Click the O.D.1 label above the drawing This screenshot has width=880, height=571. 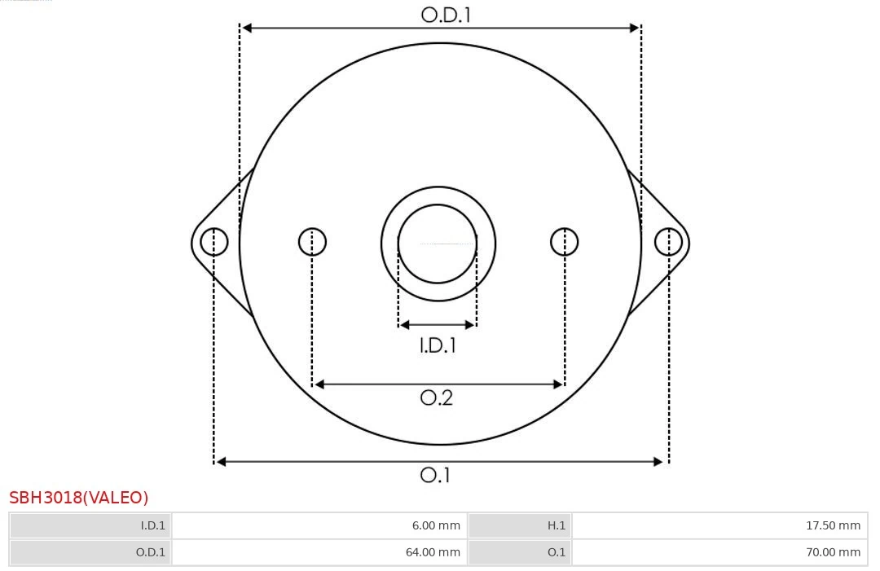(x=446, y=14)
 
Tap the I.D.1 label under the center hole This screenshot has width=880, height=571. (x=438, y=345)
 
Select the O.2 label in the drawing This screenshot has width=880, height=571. (x=436, y=398)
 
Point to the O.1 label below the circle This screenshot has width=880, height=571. (x=435, y=475)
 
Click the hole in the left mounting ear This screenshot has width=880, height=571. (x=214, y=242)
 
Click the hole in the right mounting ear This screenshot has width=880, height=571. (x=668, y=242)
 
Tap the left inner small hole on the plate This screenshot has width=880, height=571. (x=312, y=242)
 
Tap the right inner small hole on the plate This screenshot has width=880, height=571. (x=565, y=242)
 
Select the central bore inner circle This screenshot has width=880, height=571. (x=438, y=244)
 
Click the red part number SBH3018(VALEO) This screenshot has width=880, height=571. (x=79, y=498)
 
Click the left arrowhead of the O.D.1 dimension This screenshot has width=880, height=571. (x=247, y=28)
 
